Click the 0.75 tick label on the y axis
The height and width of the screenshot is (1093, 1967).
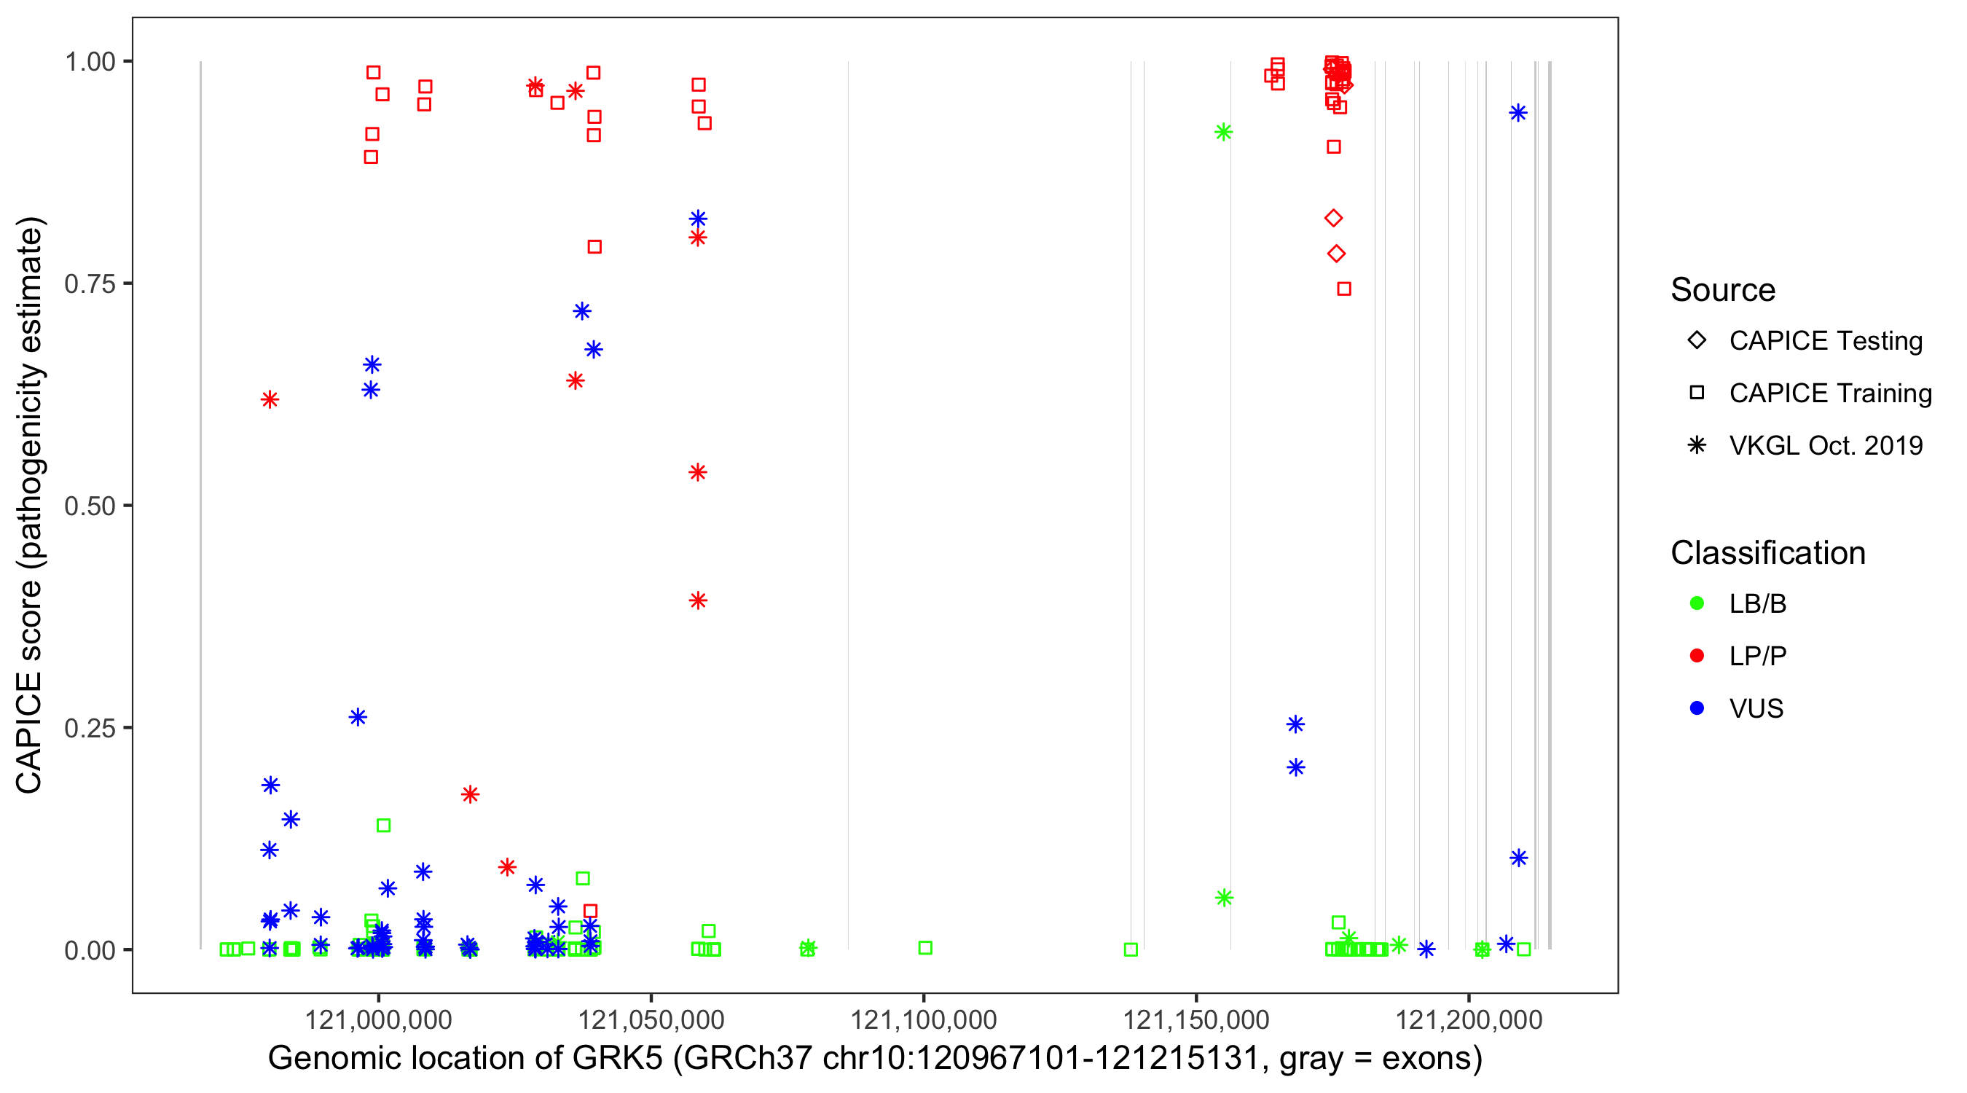click(x=89, y=283)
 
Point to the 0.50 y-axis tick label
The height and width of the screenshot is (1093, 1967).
click(x=89, y=506)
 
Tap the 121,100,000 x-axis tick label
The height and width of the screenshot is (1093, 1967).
click(x=923, y=1019)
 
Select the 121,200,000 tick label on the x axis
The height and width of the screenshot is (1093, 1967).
click(x=1469, y=1019)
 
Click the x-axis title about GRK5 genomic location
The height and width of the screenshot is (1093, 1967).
click(x=874, y=1059)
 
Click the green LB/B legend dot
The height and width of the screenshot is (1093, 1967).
click(x=1697, y=603)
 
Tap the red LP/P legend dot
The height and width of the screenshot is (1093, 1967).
click(x=1697, y=656)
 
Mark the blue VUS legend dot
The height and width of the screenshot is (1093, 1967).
click(x=1697, y=708)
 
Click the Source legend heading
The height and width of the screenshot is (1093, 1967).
click(x=1723, y=290)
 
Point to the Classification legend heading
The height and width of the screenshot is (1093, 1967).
click(x=1767, y=553)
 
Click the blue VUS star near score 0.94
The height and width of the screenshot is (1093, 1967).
click(x=1518, y=113)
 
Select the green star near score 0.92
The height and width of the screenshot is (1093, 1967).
click(x=1223, y=132)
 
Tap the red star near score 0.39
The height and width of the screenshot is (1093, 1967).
click(x=698, y=600)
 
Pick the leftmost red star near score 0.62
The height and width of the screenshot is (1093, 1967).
click(x=270, y=399)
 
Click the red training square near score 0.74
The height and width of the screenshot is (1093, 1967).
click(x=1344, y=289)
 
